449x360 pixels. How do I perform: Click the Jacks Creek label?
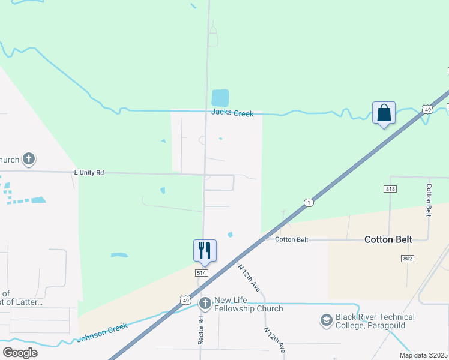pos(232,113)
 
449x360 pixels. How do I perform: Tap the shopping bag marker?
pos(384,113)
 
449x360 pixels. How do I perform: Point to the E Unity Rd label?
pos(89,173)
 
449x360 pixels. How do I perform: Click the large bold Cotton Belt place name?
pos(388,239)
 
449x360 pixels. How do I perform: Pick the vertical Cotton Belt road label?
pos(429,199)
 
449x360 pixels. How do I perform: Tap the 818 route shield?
pos(390,189)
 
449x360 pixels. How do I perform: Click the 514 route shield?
pos(201,272)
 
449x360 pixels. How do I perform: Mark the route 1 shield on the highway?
pos(308,202)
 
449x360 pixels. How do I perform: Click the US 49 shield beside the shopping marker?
pos(427,109)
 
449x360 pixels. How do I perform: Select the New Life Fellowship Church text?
pos(248,304)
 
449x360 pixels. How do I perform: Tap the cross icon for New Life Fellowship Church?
pos(205,304)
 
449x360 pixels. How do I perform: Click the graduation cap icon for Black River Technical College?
pos(327,320)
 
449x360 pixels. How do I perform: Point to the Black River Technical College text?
pos(375,321)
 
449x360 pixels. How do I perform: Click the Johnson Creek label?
pos(103,334)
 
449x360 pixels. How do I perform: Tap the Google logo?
pos(20,352)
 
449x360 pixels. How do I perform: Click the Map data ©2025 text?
pos(423,355)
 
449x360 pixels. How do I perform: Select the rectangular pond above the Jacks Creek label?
pos(220,97)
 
